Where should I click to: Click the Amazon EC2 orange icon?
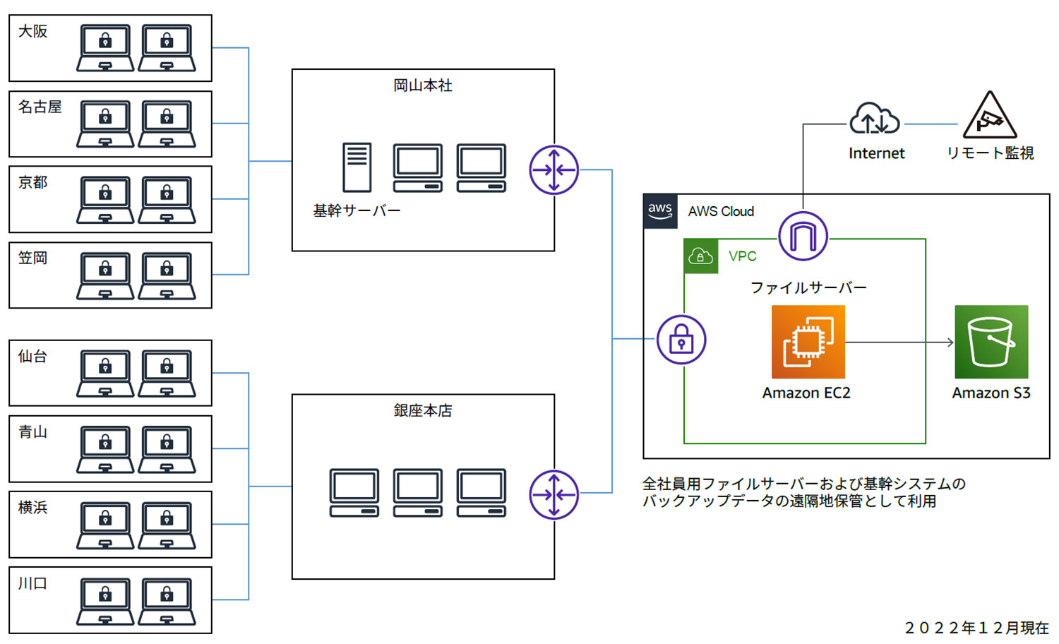tap(808, 342)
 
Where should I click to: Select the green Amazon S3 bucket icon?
tap(991, 342)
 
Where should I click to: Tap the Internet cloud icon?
tap(875, 119)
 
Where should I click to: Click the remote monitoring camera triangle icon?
tap(990, 117)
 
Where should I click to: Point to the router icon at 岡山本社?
tap(554, 169)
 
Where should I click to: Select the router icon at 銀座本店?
tap(554, 494)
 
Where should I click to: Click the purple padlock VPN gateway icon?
tap(681, 340)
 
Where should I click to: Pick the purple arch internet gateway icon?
tap(803, 236)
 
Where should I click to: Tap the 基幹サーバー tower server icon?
tap(357, 167)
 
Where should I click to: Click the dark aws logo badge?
tap(660, 211)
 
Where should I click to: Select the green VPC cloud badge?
tap(700, 256)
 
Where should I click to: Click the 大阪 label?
tap(32, 31)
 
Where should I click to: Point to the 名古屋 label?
tap(40, 107)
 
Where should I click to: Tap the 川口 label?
tap(32, 583)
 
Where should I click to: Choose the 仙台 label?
tap(32, 356)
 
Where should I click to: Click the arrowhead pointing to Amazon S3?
tap(950, 342)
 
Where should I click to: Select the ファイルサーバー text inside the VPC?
tap(808, 287)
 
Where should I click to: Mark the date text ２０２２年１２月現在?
tap(976, 628)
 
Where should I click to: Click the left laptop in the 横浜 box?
tap(105, 525)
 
